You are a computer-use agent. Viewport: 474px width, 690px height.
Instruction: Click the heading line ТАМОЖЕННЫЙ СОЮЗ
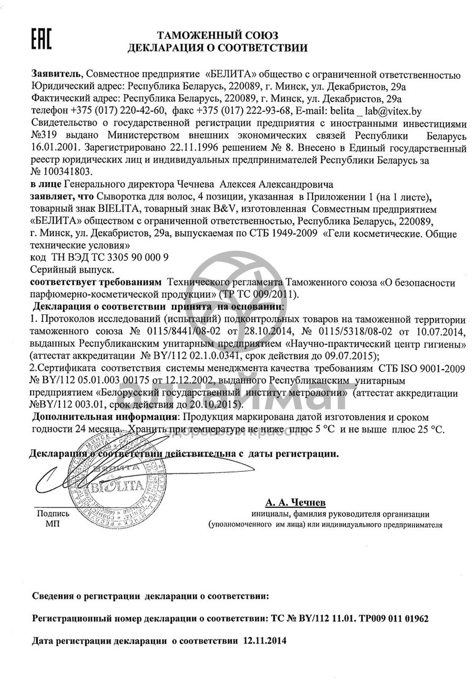click(x=218, y=36)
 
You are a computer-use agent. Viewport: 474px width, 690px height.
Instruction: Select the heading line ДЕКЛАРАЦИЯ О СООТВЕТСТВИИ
click(x=218, y=48)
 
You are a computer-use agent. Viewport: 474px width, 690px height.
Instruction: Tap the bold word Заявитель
click(x=57, y=75)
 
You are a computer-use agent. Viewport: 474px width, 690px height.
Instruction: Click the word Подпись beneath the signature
click(x=53, y=514)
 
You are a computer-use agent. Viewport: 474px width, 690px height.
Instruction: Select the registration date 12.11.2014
click(x=264, y=641)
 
